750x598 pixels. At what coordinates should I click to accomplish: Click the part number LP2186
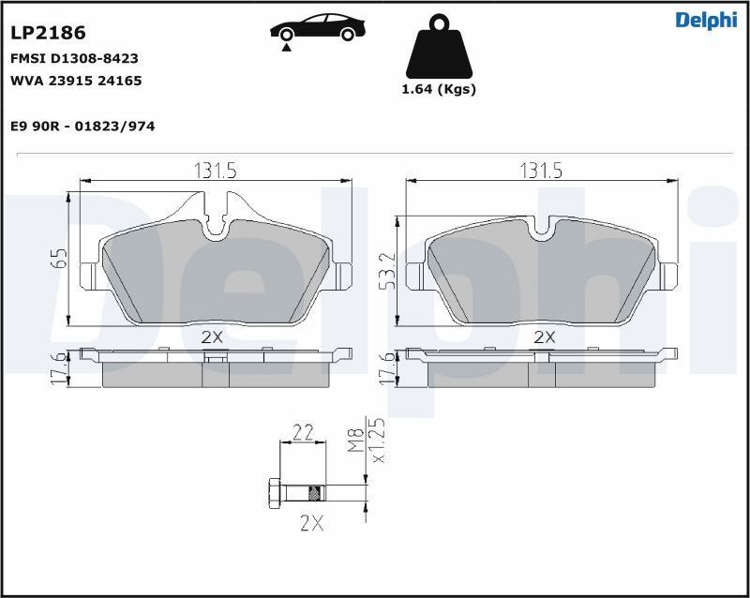pyautogui.click(x=48, y=33)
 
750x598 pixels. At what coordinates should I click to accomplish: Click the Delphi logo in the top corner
pyautogui.click(x=706, y=20)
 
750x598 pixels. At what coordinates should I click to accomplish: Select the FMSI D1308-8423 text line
pyautogui.click(x=74, y=58)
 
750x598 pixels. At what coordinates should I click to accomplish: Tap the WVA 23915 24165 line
pyautogui.click(x=76, y=81)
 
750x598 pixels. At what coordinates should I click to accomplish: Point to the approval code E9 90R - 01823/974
pyautogui.click(x=82, y=127)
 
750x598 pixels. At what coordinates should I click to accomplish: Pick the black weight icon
pyautogui.click(x=439, y=46)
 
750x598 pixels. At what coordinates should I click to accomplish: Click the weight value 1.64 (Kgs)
pyautogui.click(x=439, y=89)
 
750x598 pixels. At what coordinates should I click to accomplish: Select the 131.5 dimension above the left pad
pyautogui.click(x=216, y=171)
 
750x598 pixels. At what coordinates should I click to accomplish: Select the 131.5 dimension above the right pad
pyautogui.click(x=541, y=171)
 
